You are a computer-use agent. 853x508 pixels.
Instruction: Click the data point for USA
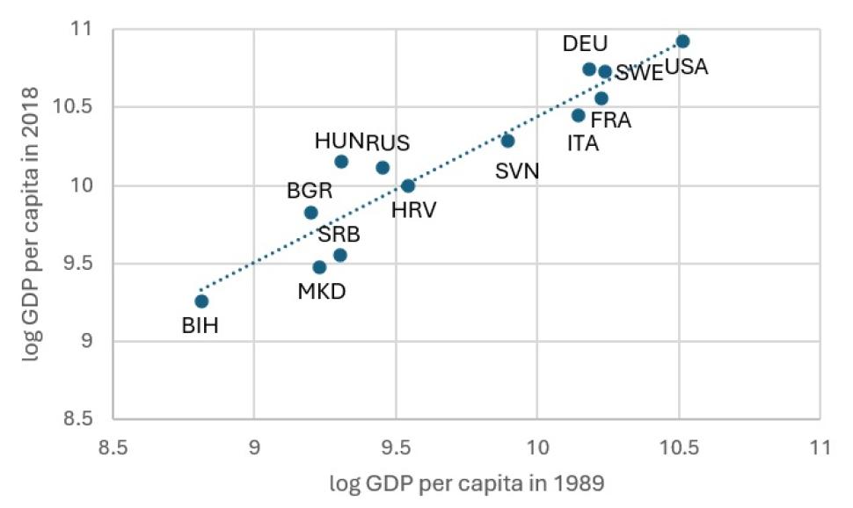coord(682,41)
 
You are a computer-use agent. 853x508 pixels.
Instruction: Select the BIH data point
coord(201,301)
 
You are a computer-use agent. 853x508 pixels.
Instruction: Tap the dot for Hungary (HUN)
coord(341,161)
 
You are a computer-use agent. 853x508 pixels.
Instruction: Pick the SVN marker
coord(507,141)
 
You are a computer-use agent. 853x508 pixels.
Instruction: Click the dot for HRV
coord(408,185)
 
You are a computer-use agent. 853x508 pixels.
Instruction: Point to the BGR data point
coord(310,213)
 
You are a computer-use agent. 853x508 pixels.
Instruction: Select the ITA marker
coord(578,115)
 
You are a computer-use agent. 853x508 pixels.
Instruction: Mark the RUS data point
coord(383,168)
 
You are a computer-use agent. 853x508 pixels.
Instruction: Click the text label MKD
coord(320,291)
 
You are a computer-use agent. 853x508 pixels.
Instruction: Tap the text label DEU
coord(585,44)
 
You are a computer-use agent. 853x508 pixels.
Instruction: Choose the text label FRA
coord(610,120)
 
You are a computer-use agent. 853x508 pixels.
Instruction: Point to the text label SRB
coord(339,234)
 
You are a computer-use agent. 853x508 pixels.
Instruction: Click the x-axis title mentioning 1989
coord(466,483)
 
